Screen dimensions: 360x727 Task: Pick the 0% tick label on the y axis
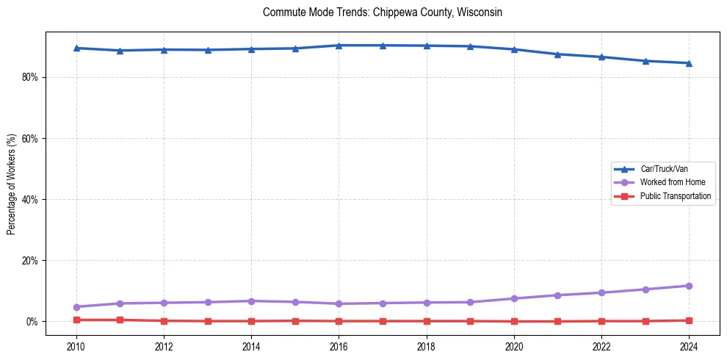(31, 322)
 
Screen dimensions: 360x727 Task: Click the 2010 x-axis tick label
(76, 346)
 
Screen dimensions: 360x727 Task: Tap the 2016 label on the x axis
(339, 346)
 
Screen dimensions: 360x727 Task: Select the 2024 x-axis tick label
(689, 346)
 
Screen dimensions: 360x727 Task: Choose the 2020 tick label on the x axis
(514, 346)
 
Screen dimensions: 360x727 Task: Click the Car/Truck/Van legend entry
(664, 169)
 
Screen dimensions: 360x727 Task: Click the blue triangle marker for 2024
(689, 63)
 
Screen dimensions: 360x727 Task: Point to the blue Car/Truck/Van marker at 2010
(76, 48)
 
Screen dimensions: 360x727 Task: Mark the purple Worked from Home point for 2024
(689, 286)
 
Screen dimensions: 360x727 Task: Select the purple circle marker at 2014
(251, 301)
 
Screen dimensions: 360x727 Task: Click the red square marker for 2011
(120, 320)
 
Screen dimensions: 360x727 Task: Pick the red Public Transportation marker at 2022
(601, 321)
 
